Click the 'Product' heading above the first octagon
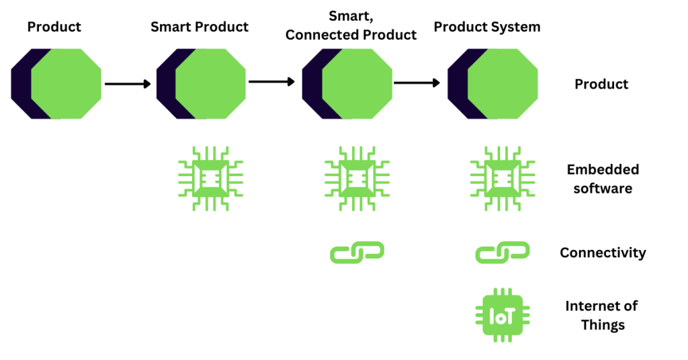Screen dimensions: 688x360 (54, 27)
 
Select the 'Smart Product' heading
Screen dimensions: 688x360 (200, 27)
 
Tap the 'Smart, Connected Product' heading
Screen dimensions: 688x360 (351, 26)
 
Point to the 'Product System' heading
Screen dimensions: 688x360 (487, 27)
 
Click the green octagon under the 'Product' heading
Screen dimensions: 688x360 (67, 84)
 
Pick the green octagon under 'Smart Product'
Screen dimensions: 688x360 (210, 84)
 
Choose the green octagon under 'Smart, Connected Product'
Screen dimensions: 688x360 (357, 84)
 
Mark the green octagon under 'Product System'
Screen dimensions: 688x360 (503, 84)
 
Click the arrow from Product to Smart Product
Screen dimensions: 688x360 (128, 84)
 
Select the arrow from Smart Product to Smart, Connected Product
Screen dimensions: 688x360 (271, 81)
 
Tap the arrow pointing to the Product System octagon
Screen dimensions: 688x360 (417, 83)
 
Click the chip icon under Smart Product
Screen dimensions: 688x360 (210, 179)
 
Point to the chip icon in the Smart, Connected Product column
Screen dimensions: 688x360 (357, 179)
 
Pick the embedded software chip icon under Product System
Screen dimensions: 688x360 (503, 179)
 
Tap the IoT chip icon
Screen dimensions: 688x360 (503, 315)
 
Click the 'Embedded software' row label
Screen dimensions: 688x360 (603, 179)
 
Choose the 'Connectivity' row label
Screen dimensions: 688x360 (603, 253)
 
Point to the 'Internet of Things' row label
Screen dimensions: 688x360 (602, 315)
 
